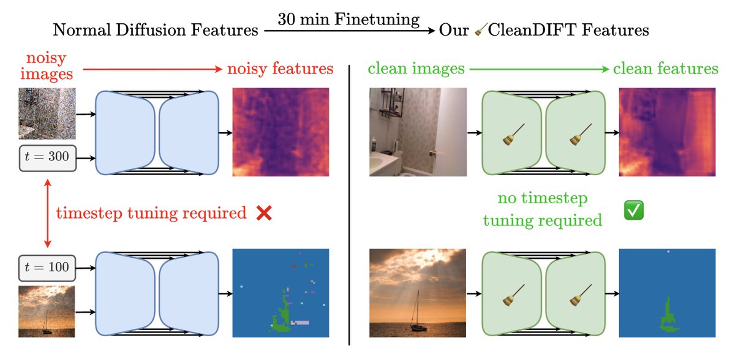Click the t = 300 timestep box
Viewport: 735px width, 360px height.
(x=47, y=159)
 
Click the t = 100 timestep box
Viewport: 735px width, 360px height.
(x=47, y=266)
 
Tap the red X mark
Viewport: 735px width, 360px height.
(x=264, y=213)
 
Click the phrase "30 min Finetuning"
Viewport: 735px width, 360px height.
(x=349, y=19)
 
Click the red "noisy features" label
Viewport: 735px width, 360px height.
(x=280, y=69)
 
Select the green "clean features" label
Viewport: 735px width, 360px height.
(x=665, y=69)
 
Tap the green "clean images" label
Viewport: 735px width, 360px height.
(x=416, y=69)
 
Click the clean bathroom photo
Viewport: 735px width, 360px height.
(x=418, y=132)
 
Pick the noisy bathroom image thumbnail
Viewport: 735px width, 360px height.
(x=47, y=113)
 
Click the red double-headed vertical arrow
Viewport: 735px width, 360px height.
(x=47, y=212)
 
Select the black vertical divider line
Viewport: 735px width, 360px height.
(x=349, y=202)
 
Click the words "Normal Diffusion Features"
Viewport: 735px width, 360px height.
(x=155, y=30)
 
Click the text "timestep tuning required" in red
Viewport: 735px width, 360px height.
(x=151, y=213)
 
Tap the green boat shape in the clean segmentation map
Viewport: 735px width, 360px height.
(x=667, y=313)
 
